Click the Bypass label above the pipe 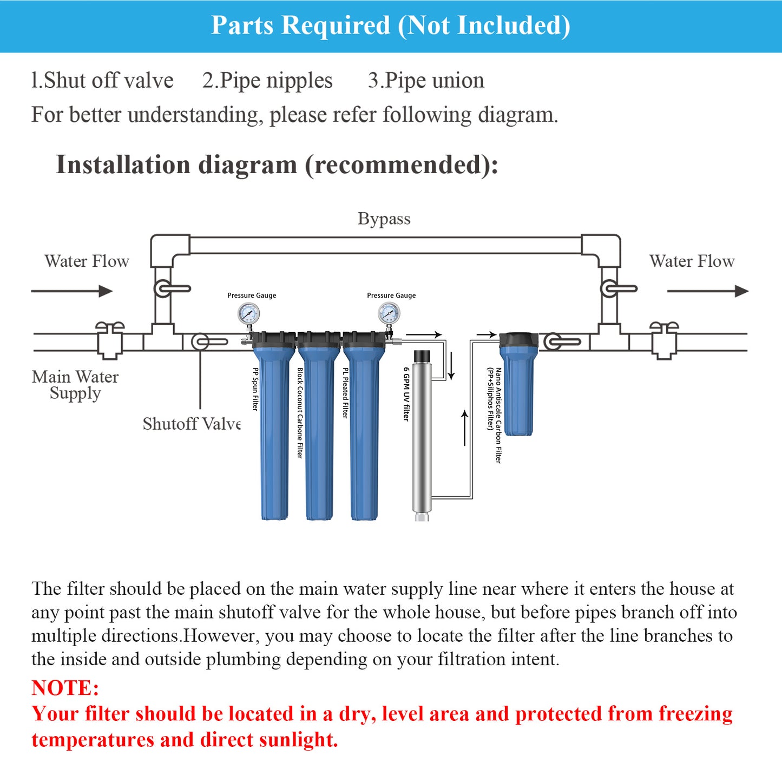tap(384, 219)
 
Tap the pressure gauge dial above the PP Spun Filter tap(248, 313)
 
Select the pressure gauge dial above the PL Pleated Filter tap(389, 313)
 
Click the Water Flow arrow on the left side tap(72, 291)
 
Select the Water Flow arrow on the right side tap(707, 291)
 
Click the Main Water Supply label tap(75, 384)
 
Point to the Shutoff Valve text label tap(192, 424)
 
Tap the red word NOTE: tap(65, 688)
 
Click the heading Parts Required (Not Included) tap(390, 25)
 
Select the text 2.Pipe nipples tap(267, 81)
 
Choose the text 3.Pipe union tap(426, 81)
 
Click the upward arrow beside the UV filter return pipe tap(464, 428)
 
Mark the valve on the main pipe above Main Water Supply tap(110, 340)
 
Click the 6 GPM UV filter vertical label tap(406, 394)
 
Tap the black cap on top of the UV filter tap(422, 356)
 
